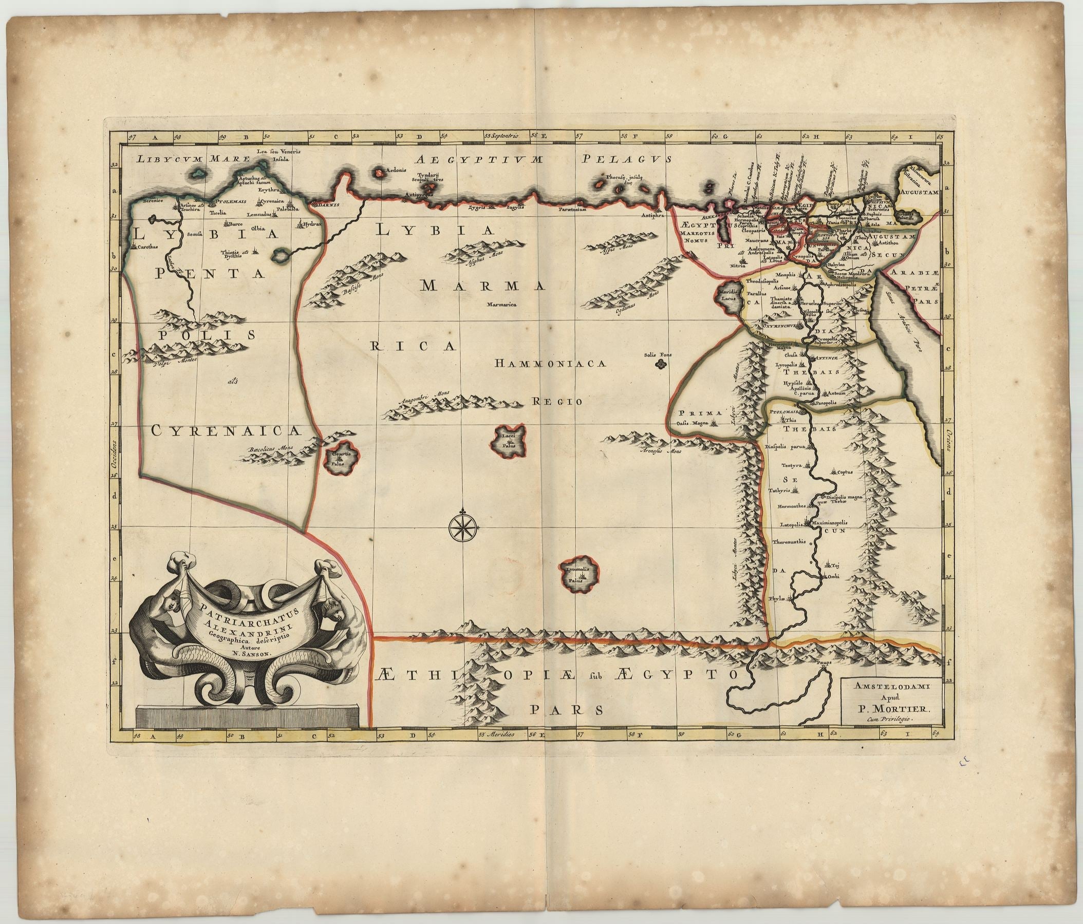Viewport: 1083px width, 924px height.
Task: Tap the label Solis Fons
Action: (x=658, y=355)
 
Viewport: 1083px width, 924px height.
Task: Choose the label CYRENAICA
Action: (x=225, y=430)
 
